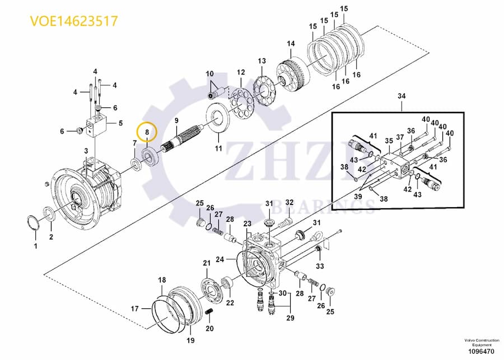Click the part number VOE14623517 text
pos(74,21)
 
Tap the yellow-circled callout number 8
pos(147,132)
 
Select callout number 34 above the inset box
pos(400,97)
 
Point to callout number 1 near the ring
pos(35,246)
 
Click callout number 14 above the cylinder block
pos(291,44)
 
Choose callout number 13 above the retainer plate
pos(262,60)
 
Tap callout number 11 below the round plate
pos(218,148)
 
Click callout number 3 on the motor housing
pos(86,151)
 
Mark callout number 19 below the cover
pos(190,340)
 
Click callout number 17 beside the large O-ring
pos(134,308)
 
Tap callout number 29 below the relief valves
pos(290,319)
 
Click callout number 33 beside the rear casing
pos(320,266)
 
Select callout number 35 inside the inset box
pos(388,142)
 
